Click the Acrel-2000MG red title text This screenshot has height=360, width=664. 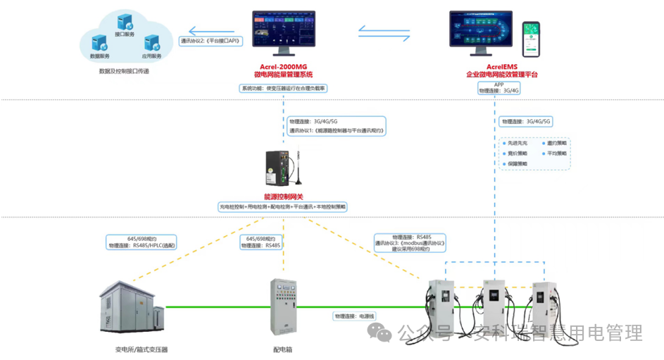283,66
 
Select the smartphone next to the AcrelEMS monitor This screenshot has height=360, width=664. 532,39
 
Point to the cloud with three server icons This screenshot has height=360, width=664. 127,39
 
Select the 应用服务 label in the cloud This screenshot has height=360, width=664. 151,56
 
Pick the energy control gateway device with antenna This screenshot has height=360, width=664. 283,168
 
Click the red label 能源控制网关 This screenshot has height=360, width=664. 282,197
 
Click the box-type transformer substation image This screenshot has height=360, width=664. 131,308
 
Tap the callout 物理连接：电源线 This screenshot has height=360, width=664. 356,316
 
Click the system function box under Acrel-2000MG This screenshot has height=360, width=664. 283,89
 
